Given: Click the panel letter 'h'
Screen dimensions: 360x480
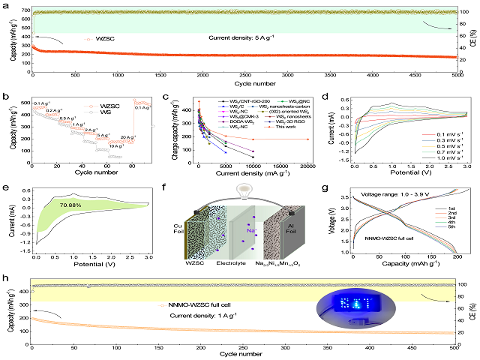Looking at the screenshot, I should point(7,280).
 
